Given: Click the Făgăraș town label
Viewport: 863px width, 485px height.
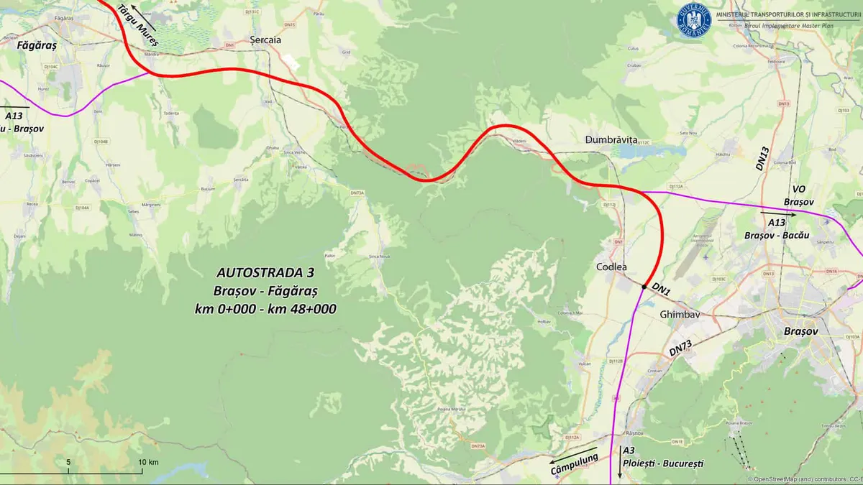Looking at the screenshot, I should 36,44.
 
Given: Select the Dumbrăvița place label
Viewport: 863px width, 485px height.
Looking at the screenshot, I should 611,140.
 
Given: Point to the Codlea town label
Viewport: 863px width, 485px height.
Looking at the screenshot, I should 611,267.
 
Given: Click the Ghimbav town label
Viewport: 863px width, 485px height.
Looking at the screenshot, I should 680,314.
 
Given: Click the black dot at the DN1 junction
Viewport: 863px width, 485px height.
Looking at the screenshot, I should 644,287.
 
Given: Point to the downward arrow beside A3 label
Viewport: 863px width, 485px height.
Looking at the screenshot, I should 619,468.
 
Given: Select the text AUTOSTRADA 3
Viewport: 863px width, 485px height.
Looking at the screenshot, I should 265,273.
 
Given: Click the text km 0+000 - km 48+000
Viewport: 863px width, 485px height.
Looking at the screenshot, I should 265,308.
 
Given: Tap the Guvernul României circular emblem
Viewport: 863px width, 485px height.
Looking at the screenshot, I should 694,19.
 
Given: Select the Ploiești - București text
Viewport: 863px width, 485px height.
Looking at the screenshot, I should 663,463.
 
